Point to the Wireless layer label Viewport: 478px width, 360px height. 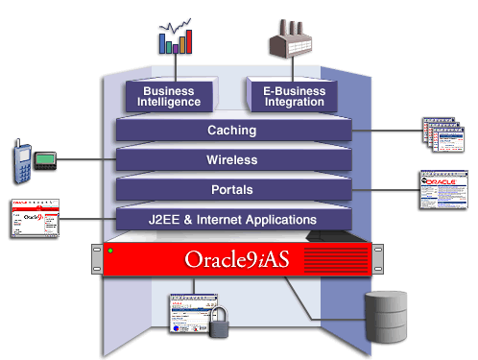tap(232, 159)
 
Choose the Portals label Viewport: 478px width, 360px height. tap(232, 189)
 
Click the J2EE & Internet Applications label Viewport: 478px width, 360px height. tap(232, 219)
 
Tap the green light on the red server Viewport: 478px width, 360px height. tap(111, 252)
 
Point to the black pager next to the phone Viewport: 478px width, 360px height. tap(45, 157)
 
